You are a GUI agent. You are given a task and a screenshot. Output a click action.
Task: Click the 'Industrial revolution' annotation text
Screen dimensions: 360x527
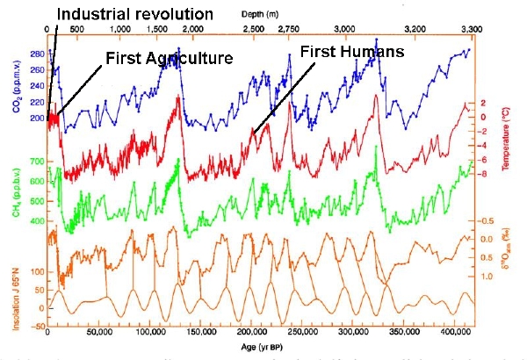point(135,15)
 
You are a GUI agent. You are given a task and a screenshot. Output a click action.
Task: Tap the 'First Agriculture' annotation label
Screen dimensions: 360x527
point(169,58)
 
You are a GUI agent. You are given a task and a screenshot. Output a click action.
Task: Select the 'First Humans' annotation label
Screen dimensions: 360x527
point(351,53)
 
